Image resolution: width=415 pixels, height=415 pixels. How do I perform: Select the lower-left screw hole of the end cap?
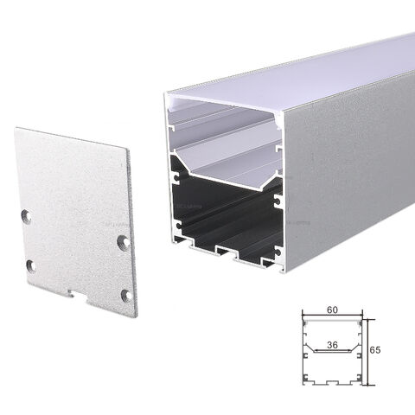point(30,265)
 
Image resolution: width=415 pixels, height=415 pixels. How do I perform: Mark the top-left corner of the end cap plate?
point(16,129)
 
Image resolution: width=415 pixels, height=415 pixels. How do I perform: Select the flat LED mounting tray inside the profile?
point(229,173)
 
